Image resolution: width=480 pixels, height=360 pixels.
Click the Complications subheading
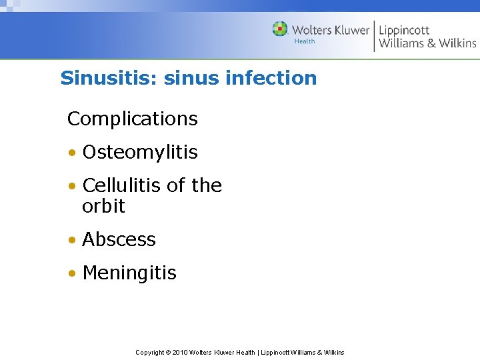click(x=133, y=119)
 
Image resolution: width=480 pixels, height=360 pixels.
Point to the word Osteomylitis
click(x=140, y=153)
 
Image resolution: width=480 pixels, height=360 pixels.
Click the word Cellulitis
click(x=122, y=185)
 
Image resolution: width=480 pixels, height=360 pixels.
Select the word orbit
click(x=103, y=207)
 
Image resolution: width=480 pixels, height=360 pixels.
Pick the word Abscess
click(x=119, y=240)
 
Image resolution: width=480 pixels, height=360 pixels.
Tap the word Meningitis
click(x=129, y=273)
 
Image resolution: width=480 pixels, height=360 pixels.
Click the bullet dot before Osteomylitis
click(x=71, y=153)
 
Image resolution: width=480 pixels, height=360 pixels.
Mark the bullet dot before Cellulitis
click(x=71, y=186)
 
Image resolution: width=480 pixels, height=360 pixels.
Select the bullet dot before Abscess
click(x=71, y=241)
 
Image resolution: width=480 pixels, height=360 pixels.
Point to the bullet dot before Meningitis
click(x=71, y=274)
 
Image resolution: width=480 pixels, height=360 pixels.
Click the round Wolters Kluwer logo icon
click(x=280, y=29)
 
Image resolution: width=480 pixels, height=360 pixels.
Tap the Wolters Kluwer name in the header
click(x=330, y=30)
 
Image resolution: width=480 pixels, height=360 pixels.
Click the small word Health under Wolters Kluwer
click(x=305, y=41)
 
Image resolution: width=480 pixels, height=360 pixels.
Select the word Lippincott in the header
click(x=404, y=30)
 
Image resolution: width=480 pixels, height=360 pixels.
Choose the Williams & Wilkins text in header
click(x=427, y=43)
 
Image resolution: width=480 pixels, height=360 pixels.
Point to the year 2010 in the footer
click(x=180, y=352)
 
